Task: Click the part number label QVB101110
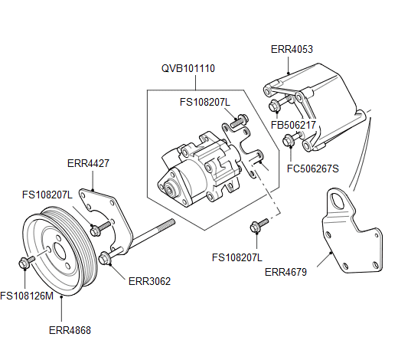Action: (188, 68)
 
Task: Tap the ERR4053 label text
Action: (292, 49)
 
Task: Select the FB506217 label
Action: (294, 125)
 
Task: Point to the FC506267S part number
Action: (312, 169)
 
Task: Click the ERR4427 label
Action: (88, 162)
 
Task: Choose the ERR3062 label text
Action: (149, 281)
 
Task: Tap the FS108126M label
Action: (27, 296)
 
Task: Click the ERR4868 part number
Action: (70, 331)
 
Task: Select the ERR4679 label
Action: (286, 270)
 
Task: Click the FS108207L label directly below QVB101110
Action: (204, 100)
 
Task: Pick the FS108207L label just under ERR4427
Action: (47, 195)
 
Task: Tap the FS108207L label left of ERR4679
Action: (237, 257)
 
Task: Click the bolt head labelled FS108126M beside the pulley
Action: (23, 263)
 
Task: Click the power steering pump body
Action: (195, 167)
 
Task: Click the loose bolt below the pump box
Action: (258, 224)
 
